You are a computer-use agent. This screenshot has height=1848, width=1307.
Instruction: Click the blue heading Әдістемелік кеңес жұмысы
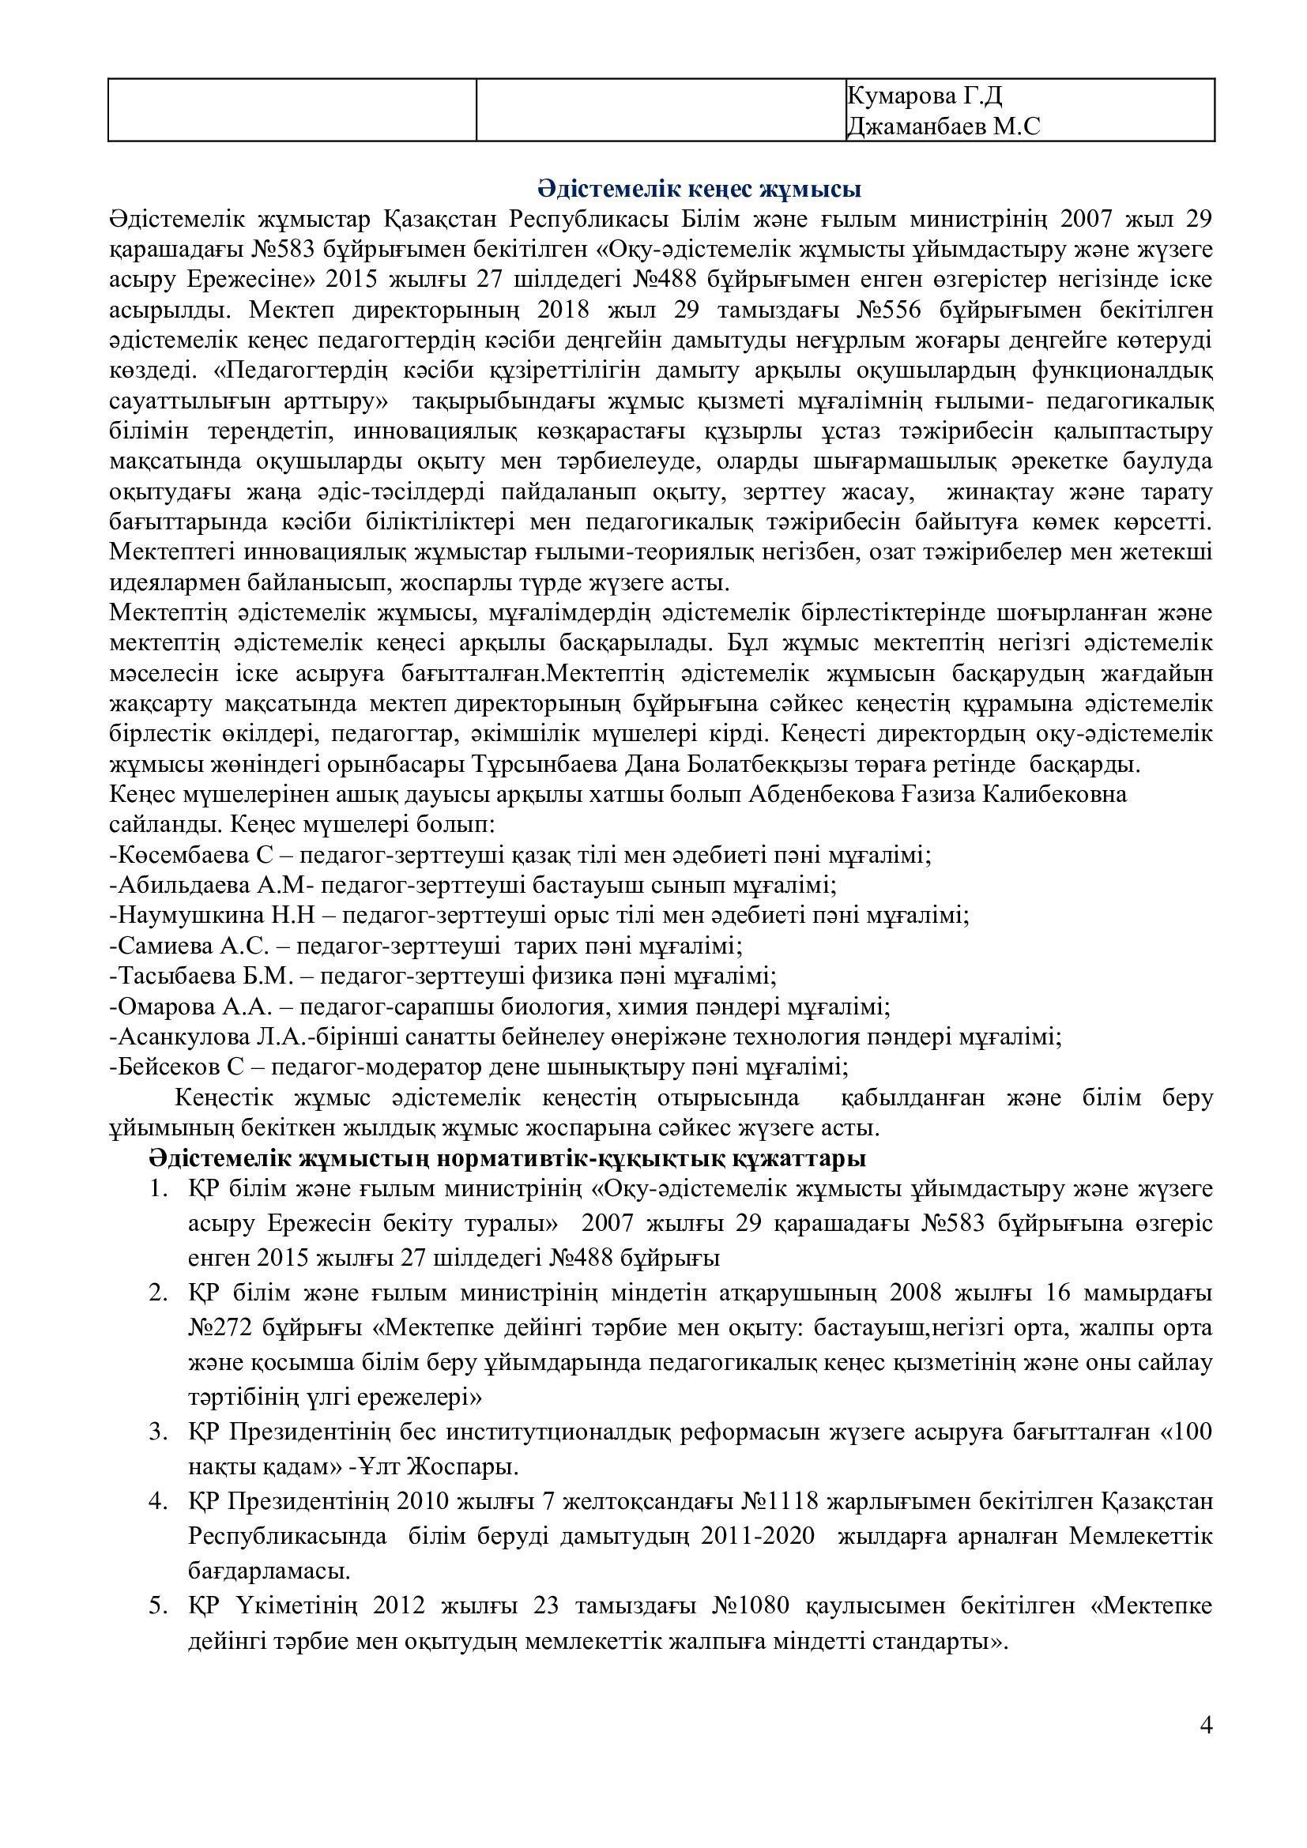pos(699,190)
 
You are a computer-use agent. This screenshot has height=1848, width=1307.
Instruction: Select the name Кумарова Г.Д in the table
pos(924,96)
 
